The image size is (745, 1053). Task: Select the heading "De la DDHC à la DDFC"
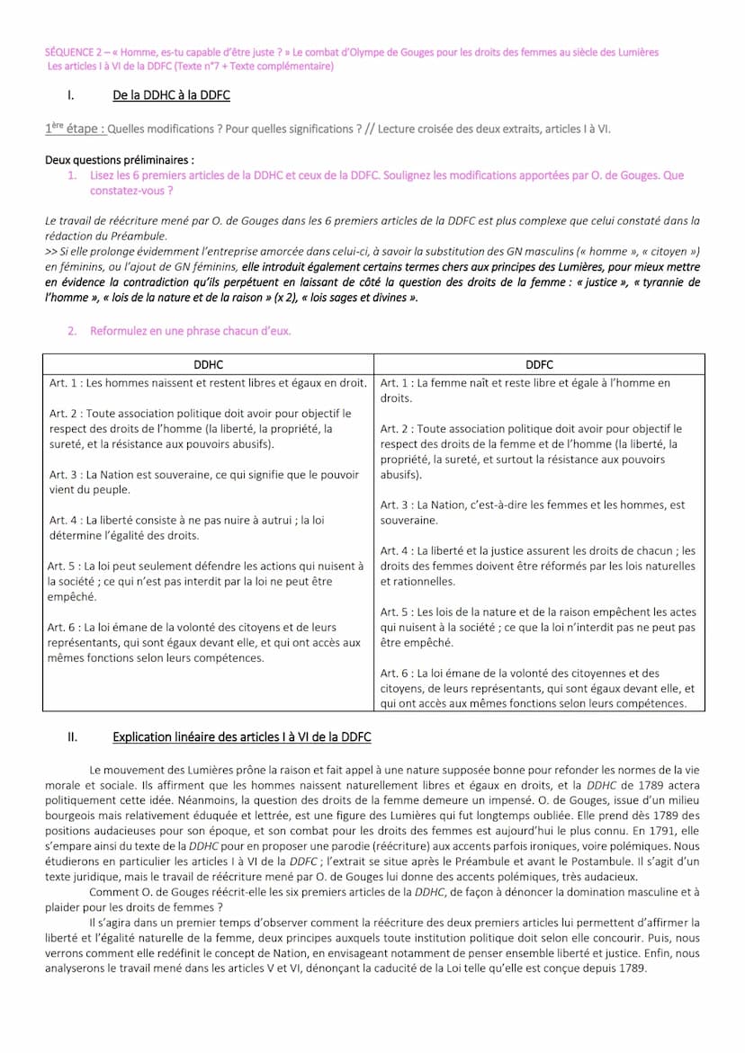[x=171, y=95]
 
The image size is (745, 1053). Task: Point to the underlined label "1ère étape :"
[x=75, y=129]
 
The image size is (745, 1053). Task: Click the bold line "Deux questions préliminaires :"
[x=119, y=160]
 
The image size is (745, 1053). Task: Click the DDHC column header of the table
[x=208, y=364]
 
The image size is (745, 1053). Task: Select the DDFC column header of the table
[x=539, y=364]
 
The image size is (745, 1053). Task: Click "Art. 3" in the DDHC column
[x=65, y=475]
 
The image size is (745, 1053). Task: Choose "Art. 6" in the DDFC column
[x=396, y=673]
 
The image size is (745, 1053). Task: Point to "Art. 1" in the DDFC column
[x=396, y=383]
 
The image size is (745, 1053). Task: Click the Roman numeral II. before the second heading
[x=73, y=737]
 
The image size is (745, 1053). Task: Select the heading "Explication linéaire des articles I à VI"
[x=241, y=737]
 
